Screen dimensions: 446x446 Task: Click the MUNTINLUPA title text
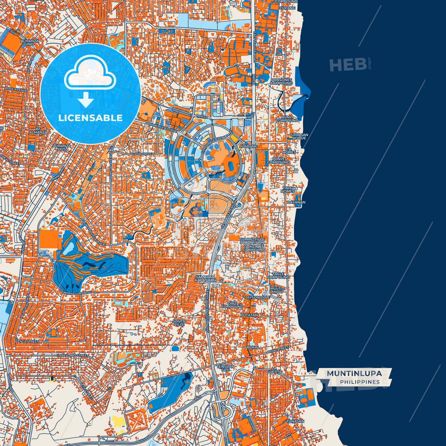point(354,373)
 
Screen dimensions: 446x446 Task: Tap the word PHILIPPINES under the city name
point(360,382)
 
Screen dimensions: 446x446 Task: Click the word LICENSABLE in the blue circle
point(90,118)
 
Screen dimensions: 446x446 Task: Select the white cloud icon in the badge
point(90,73)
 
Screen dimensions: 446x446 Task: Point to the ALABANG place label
point(248,146)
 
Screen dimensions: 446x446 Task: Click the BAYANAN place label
point(296,202)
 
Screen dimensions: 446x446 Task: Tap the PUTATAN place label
point(249,315)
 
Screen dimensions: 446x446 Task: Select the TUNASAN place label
point(295,421)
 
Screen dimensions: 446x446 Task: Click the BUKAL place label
point(253,347)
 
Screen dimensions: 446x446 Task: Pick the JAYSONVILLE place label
point(257,297)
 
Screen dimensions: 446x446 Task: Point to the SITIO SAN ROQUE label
point(299,136)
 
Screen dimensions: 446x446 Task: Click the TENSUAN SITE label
point(225,368)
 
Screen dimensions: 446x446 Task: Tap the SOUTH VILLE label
point(179,323)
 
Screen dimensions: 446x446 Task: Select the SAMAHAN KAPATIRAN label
point(205,278)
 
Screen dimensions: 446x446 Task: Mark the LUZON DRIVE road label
point(141,154)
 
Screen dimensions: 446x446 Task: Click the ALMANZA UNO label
point(30,42)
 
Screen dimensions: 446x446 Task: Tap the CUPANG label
point(287,8)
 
